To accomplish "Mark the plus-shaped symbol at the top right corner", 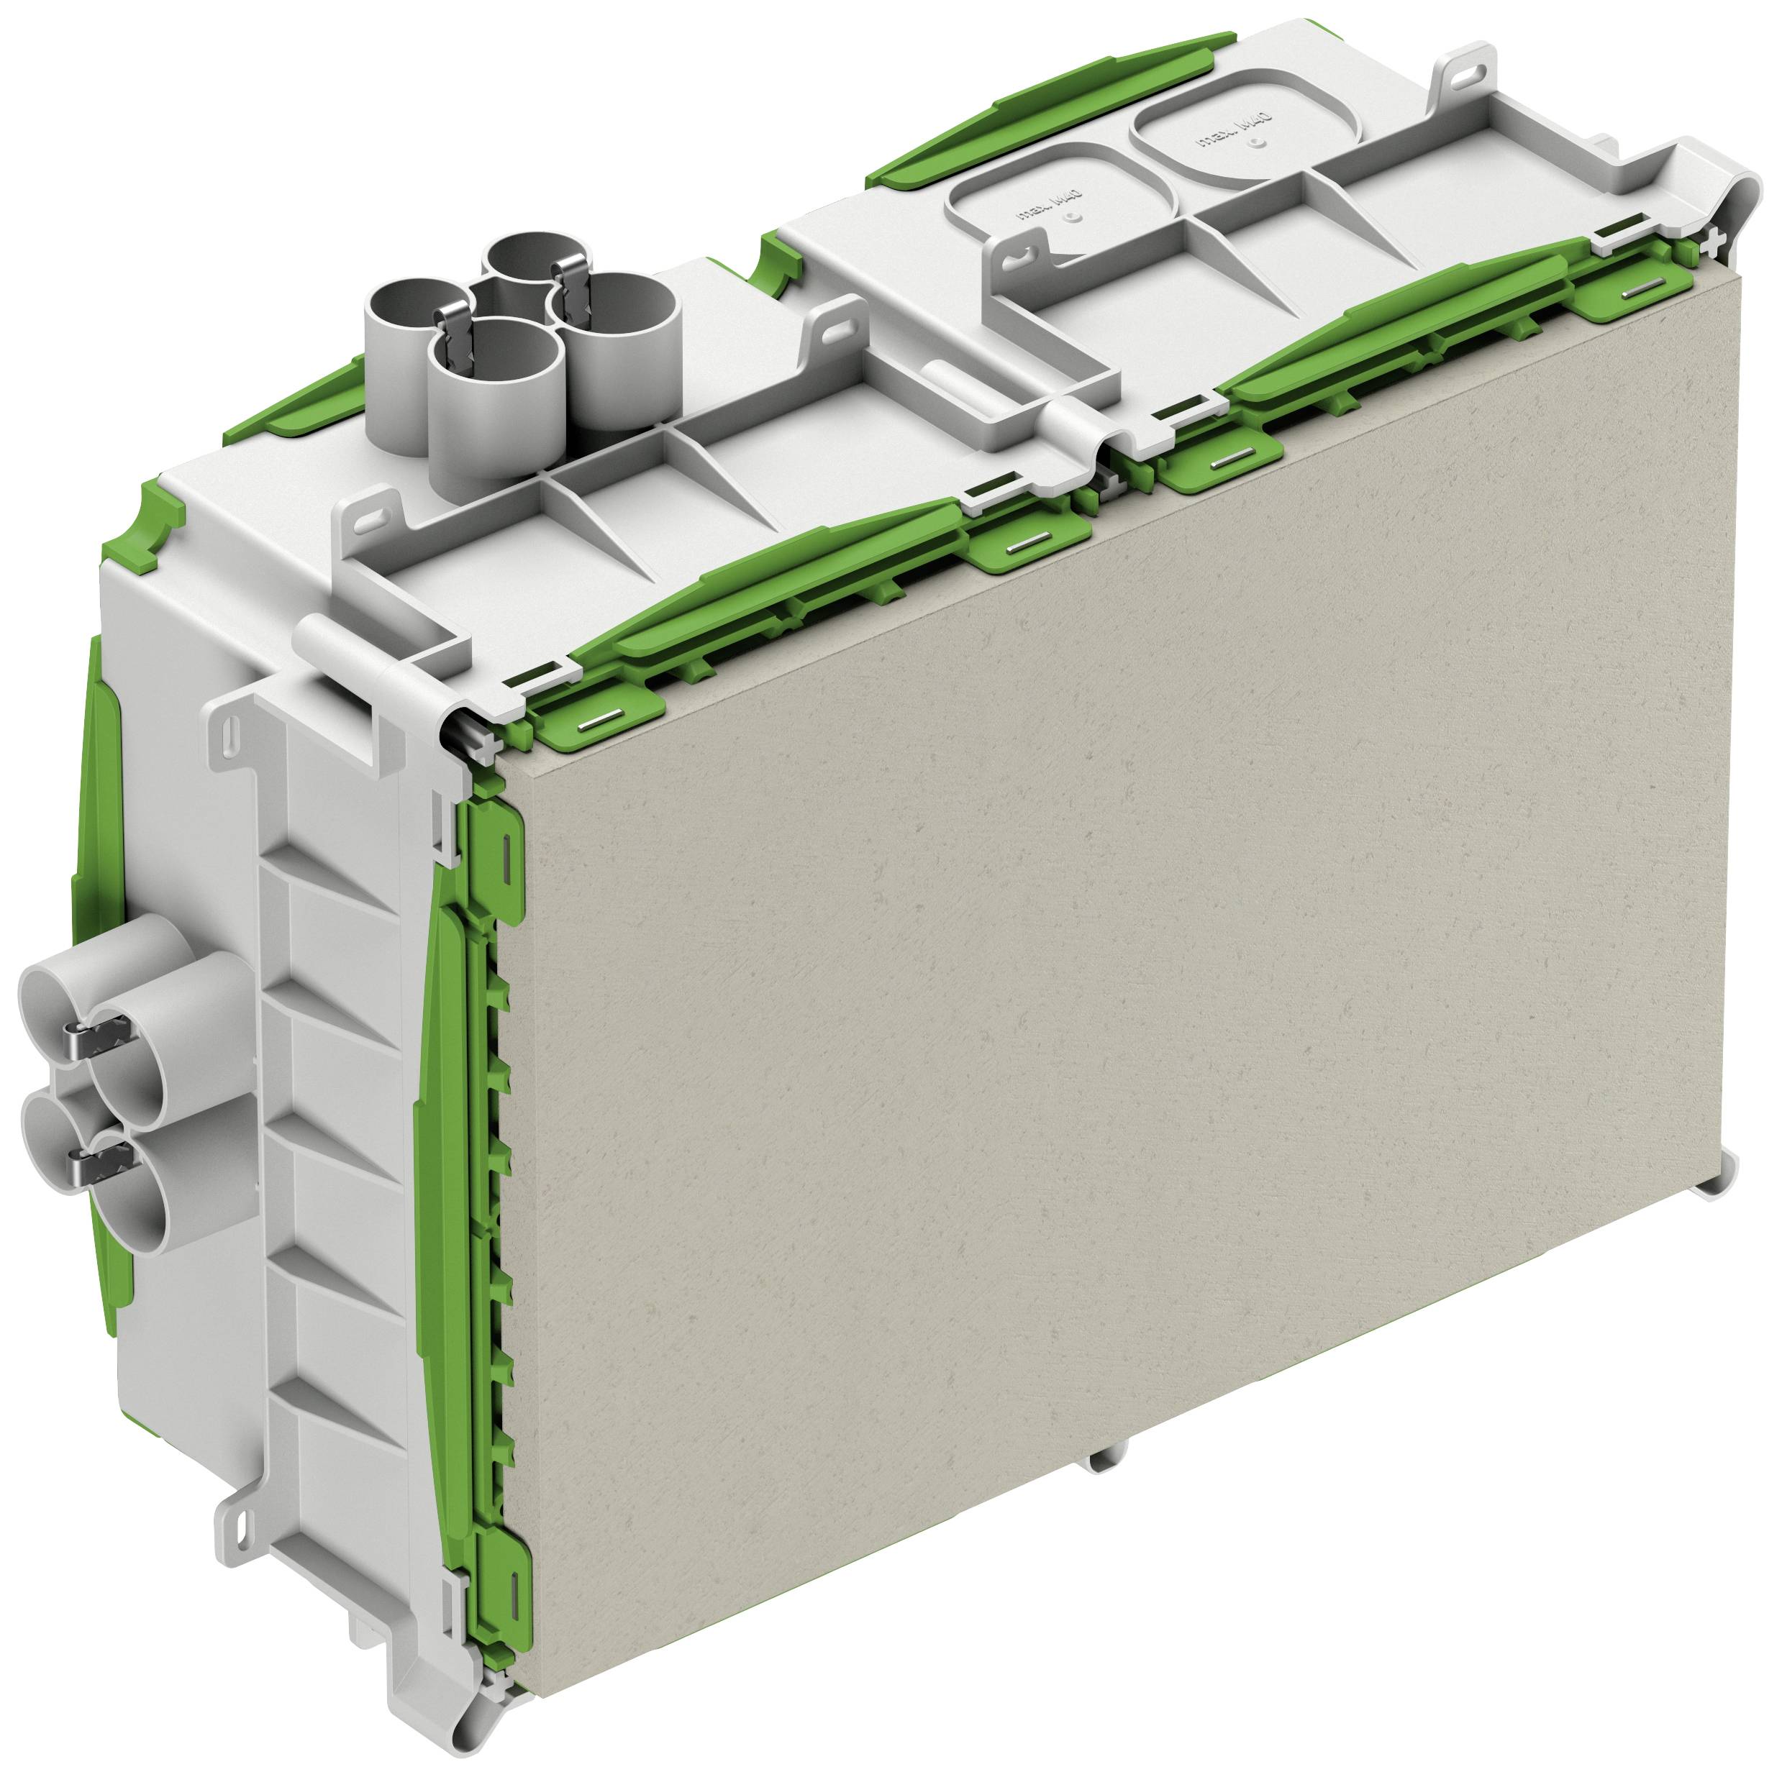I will [x=1714, y=242].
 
